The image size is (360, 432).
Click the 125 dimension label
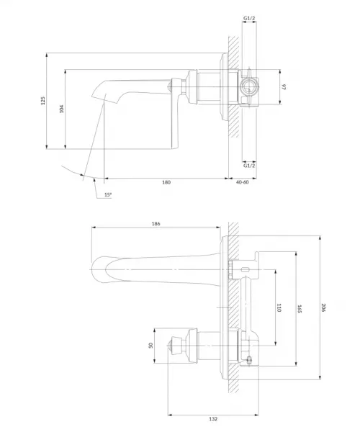pyautogui.click(x=42, y=100)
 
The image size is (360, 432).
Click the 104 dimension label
pyautogui.click(x=61, y=109)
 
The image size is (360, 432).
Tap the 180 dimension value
pyautogui.click(x=166, y=182)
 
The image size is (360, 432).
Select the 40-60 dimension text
pyautogui.click(x=242, y=182)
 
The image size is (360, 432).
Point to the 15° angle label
pyautogui.click(x=108, y=194)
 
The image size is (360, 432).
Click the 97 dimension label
pyautogui.click(x=284, y=87)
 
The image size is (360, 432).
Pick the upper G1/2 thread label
pyautogui.click(x=249, y=18)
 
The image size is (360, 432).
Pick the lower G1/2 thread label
pyautogui.click(x=249, y=166)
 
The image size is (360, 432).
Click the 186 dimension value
pyautogui.click(x=156, y=224)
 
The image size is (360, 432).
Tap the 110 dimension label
pyautogui.click(x=279, y=307)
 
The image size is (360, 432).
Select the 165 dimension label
pyautogui.click(x=300, y=309)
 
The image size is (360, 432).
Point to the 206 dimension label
pyautogui.click(x=323, y=307)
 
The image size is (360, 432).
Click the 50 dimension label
pyautogui.click(x=150, y=345)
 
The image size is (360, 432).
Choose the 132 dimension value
pyautogui.click(x=213, y=419)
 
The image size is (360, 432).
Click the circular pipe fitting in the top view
pyautogui.click(x=249, y=86)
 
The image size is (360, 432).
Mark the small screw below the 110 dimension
pyautogui.click(x=249, y=360)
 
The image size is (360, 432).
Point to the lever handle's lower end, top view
pyautogui.click(x=175, y=147)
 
